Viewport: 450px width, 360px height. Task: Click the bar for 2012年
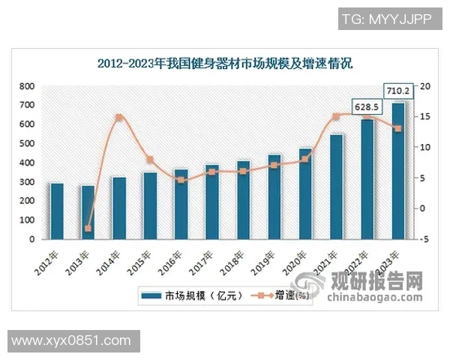[57, 211]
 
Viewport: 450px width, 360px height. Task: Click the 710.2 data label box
[397, 91]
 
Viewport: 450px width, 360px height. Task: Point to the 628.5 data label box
[367, 108]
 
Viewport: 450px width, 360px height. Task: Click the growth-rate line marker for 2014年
[118, 118]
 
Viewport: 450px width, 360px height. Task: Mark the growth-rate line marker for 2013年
[88, 228]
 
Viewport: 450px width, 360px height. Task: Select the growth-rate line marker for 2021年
[336, 116]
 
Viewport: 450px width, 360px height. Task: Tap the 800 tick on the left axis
[25, 86]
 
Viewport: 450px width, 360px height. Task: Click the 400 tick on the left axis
[25, 163]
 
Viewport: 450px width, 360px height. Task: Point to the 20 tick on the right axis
[425, 86]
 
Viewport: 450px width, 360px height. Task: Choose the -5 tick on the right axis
[425, 239]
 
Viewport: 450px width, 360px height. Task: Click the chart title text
[225, 63]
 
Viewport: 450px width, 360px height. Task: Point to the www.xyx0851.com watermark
[71, 341]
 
